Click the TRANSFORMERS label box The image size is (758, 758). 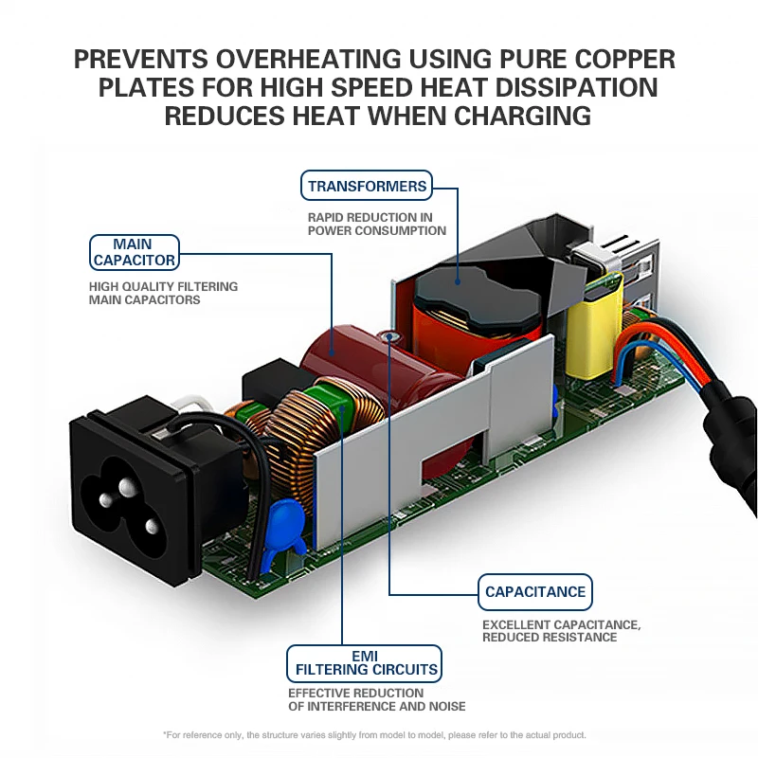tap(367, 186)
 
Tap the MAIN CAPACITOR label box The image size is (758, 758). tap(134, 252)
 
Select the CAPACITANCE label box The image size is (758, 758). tap(535, 592)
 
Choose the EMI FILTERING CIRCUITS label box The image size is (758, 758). tap(366, 662)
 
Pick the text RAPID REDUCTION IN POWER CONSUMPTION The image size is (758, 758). tap(376, 224)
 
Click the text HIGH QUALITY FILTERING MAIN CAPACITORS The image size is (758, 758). tap(163, 293)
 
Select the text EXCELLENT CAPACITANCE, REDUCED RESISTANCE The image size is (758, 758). tap(562, 631)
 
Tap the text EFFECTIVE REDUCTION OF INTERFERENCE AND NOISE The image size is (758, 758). tap(376, 699)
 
